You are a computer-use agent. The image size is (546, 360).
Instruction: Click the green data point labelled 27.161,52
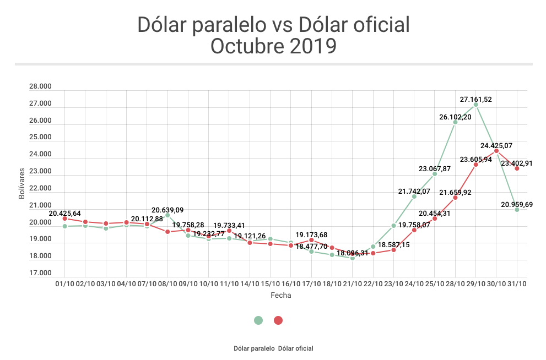click(x=475, y=105)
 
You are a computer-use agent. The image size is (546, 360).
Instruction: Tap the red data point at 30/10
click(x=496, y=151)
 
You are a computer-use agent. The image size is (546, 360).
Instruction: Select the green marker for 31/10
click(x=517, y=210)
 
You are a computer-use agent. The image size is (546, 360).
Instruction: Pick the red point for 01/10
click(x=65, y=219)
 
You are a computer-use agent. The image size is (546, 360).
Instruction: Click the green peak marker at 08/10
click(x=167, y=215)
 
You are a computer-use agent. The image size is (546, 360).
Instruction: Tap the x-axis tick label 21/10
click(x=353, y=284)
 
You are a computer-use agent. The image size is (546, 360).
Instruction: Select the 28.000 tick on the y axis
click(x=40, y=86)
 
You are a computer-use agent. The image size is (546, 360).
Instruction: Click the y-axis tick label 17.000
click(x=40, y=273)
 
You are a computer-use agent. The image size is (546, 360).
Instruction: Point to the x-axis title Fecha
click(x=280, y=296)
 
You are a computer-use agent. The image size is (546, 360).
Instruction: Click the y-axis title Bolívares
click(x=22, y=182)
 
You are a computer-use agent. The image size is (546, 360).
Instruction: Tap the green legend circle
click(x=258, y=320)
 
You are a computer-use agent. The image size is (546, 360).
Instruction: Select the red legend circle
click(x=278, y=320)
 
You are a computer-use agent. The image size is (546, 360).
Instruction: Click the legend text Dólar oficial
click(x=296, y=348)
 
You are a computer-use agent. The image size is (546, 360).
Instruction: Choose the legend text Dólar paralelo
click(x=254, y=348)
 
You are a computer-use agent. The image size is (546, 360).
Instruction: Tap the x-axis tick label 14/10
click(x=250, y=284)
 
